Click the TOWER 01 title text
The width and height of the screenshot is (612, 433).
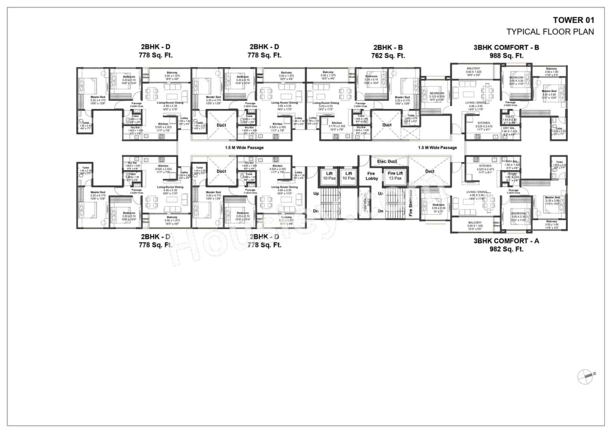573,20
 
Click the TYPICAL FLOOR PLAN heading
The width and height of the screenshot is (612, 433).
550,32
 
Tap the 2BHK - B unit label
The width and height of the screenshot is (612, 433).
388,47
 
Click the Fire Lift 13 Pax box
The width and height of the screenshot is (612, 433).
395,176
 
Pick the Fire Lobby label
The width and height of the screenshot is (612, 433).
372,176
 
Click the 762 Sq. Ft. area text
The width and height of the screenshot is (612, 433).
388,56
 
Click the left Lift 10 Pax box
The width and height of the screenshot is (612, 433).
329,176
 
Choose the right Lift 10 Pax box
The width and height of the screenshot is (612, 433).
348,176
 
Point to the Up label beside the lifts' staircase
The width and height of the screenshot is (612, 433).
315,194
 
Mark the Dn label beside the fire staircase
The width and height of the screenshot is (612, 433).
381,211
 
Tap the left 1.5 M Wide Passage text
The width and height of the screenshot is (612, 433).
244,147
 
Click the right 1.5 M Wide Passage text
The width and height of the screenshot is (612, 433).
437,147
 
